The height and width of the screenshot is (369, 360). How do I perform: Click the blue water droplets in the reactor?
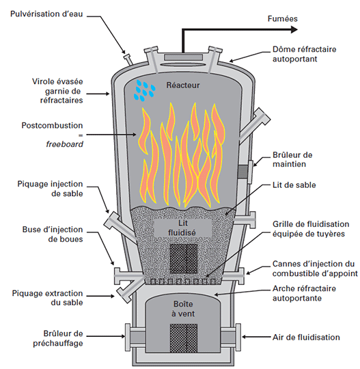point(144,90)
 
